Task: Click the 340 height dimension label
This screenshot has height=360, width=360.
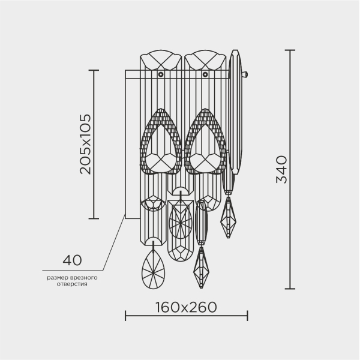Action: click(x=281, y=169)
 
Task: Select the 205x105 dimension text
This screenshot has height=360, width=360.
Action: click(x=85, y=144)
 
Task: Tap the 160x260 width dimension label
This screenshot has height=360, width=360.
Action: click(x=186, y=307)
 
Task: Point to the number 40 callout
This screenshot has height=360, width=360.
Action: click(x=72, y=260)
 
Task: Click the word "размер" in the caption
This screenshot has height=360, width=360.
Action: click(x=57, y=278)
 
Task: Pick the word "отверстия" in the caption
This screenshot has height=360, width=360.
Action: click(x=72, y=284)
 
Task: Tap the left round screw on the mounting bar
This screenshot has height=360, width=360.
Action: click(x=161, y=74)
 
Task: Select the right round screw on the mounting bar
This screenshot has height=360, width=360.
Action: click(x=205, y=74)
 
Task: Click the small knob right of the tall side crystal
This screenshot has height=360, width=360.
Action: click(x=245, y=74)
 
